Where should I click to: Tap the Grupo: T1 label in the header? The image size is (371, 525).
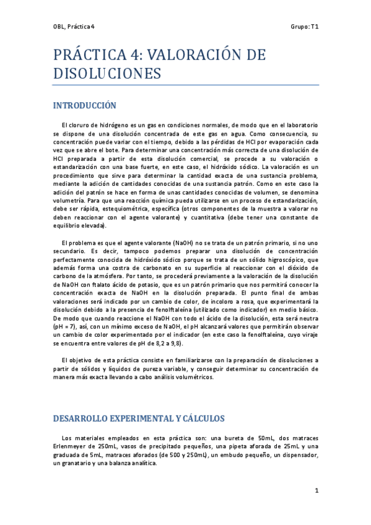click(x=304, y=27)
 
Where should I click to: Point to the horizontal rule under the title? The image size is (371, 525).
click(x=186, y=84)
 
